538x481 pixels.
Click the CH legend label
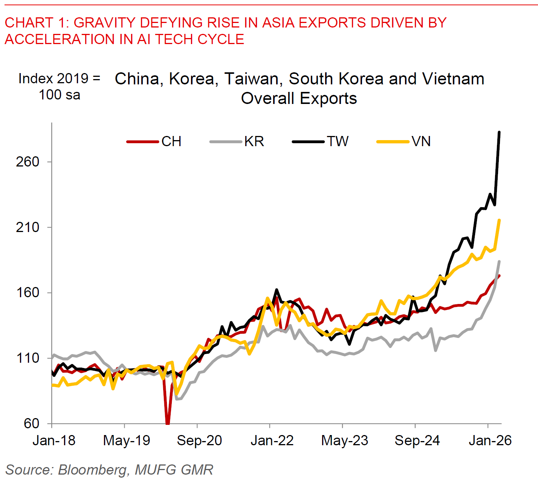[x=171, y=142]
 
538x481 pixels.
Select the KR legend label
[x=254, y=142]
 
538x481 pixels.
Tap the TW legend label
[x=338, y=142]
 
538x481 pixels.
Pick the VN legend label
[x=421, y=142]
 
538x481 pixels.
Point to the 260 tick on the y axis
[x=28, y=162]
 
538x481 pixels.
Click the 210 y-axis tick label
[x=28, y=228]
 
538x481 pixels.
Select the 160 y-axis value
[x=28, y=293]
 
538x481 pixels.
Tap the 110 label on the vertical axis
[x=28, y=358]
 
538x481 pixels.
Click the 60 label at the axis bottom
[x=32, y=423]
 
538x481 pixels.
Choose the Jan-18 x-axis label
[x=54, y=440]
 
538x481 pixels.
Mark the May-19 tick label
[x=127, y=440]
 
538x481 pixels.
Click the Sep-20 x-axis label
[x=199, y=440]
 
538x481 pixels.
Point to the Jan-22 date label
[x=272, y=440]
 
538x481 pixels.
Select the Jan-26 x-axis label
[x=490, y=440]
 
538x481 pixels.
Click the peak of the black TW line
[x=499, y=132]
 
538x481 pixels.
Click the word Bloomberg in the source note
[x=93, y=470]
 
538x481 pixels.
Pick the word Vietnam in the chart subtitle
[x=453, y=79]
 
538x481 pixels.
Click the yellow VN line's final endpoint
[x=499, y=220]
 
